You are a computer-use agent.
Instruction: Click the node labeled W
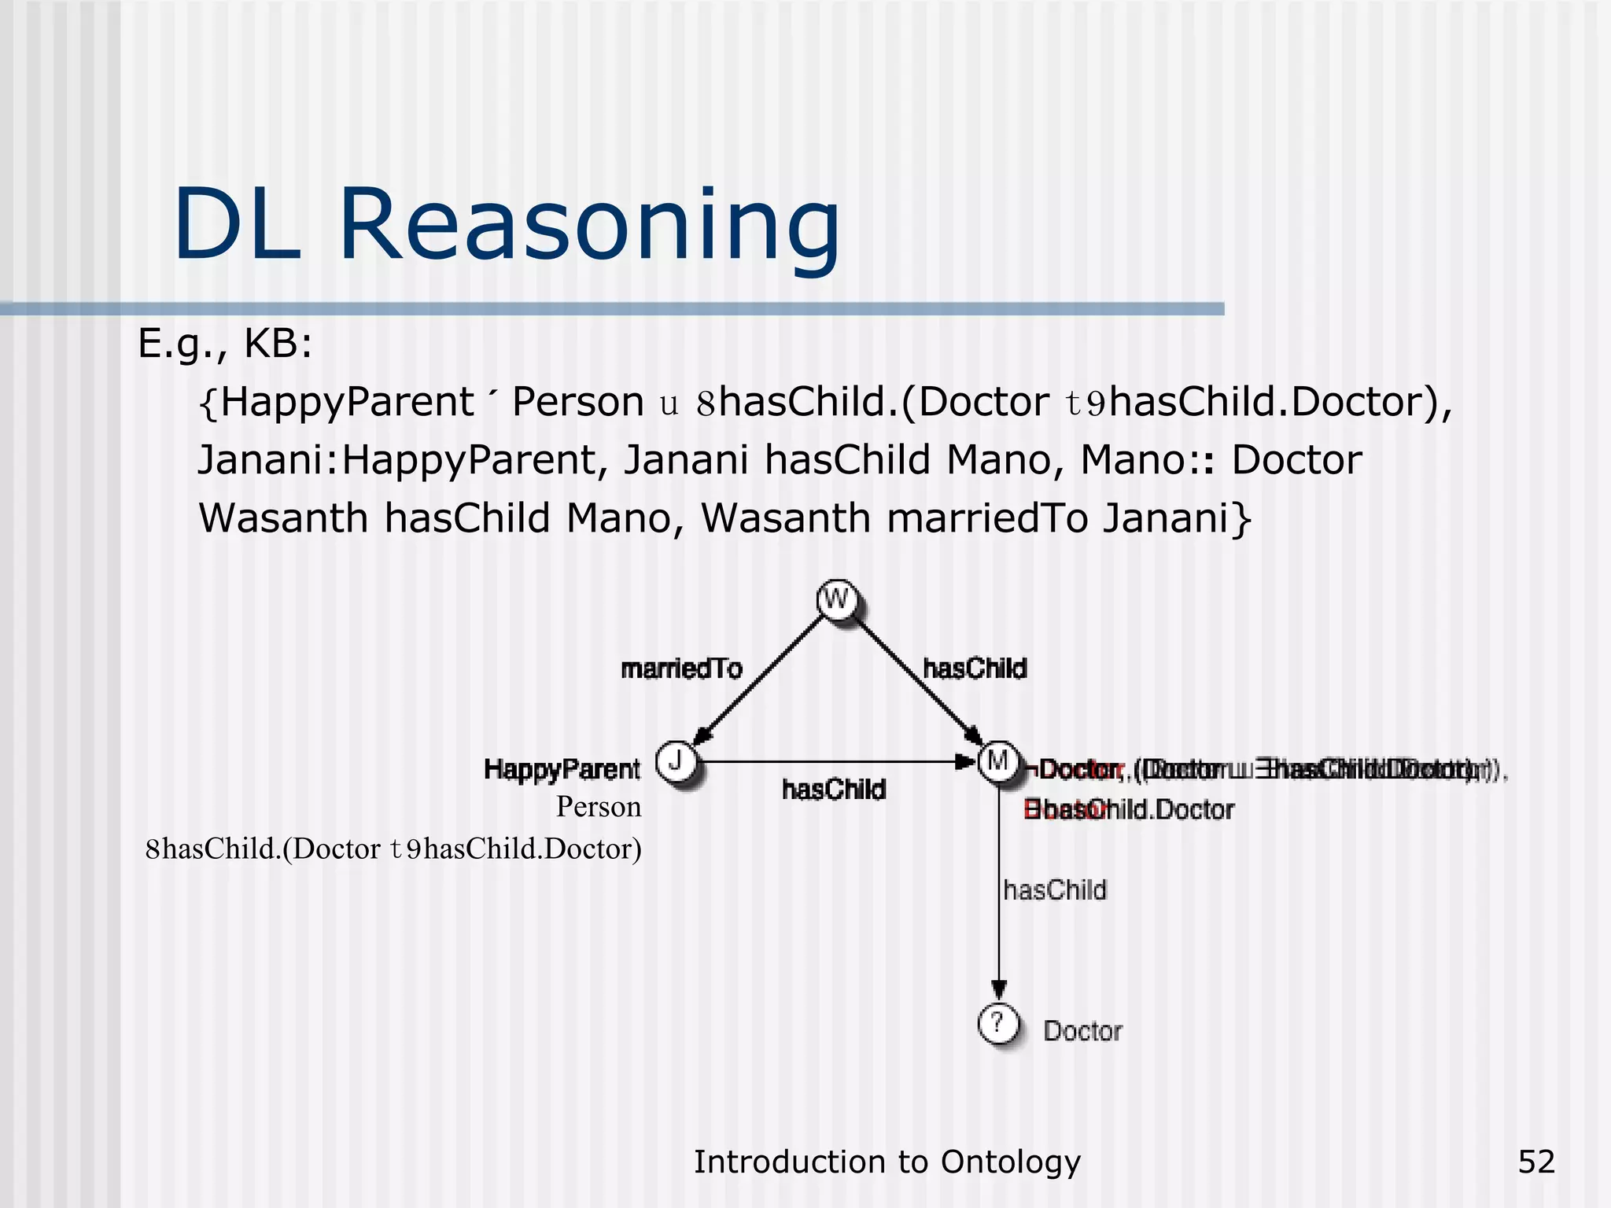836,601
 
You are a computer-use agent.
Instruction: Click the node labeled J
676,761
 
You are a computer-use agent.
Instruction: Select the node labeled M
997,761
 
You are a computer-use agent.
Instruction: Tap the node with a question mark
997,1024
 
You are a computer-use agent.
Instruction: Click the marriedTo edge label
681,668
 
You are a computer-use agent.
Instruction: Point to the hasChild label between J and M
834,789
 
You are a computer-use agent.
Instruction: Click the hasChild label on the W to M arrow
975,668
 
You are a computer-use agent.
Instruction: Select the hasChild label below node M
1055,890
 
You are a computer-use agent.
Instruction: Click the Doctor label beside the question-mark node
1082,1031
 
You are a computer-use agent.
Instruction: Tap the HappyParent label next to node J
562,769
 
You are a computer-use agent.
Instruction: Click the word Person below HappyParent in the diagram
599,807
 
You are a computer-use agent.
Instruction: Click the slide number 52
1536,1162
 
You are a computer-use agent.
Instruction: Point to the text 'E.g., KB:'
225,344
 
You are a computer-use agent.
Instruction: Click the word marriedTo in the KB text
986,518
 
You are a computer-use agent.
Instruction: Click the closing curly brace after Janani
1241,518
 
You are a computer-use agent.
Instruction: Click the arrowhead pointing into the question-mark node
998,989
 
